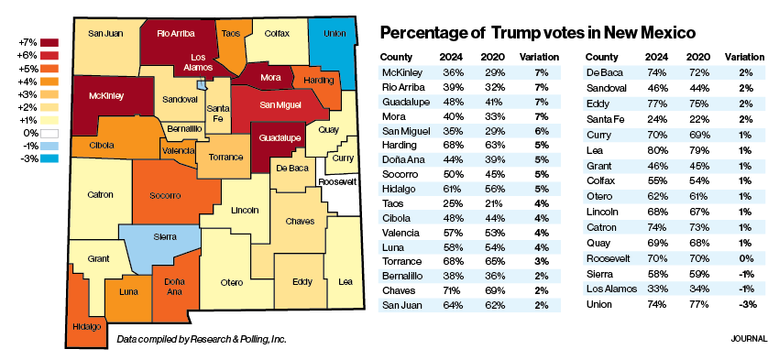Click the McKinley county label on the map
coord(106,95)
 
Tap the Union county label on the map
coord(335,34)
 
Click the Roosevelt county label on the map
coord(337,182)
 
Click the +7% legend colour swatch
coord(49,42)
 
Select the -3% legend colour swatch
coord(49,158)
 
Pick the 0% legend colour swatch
coord(49,132)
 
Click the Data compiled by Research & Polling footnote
coord(202,340)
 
